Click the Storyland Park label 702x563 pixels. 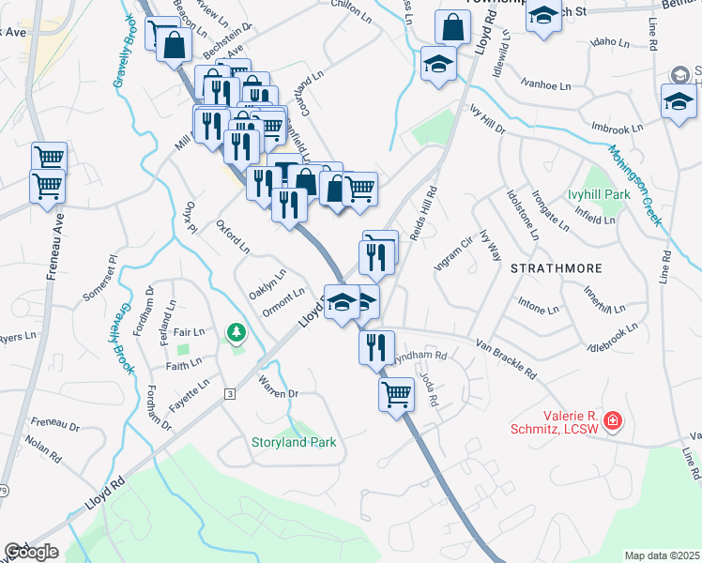click(293, 442)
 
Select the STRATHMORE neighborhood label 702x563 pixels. click(557, 268)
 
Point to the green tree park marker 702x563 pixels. click(236, 333)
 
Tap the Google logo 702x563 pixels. click(31, 552)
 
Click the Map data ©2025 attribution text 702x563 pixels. click(661, 555)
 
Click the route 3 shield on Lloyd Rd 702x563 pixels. click(229, 395)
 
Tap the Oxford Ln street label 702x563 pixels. click(233, 237)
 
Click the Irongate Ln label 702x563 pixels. click(550, 211)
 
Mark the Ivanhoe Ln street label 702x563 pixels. click(544, 85)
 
